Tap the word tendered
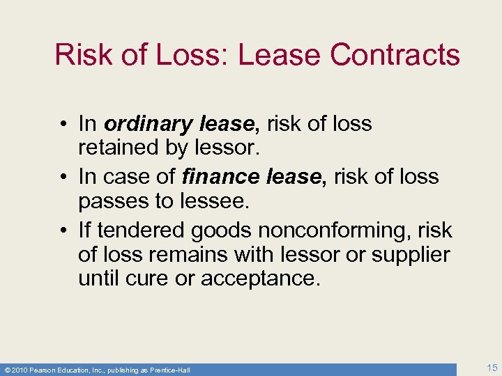pyautogui.click(x=142, y=230)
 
